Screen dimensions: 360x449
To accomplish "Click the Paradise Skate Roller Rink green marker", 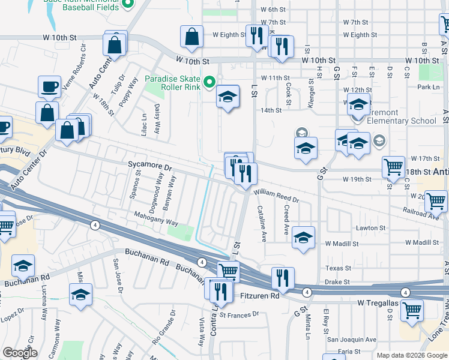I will pyautogui.click(x=209, y=82).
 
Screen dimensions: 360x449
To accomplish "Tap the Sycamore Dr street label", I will pyautogui.click(x=150, y=164).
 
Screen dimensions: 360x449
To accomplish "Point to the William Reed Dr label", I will pyautogui.click(x=276, y=196).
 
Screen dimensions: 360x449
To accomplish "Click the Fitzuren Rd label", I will pyautogui.click(x=257, y=296).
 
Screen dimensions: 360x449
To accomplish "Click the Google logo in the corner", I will pyautogui.click(x=20, y=352).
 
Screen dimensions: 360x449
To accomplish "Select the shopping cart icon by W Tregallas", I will pyautogui.click(x=412, y=310).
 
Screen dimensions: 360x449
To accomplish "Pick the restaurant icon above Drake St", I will pyautogui.click(x=283, y=277).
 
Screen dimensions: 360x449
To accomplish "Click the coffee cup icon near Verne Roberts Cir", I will pyautogui.click(x=49, y=86).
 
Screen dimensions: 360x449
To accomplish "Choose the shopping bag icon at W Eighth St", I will pyautogui.click(x=191, y=36).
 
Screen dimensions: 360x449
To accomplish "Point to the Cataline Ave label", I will pyautogui.click(x=262, y=223).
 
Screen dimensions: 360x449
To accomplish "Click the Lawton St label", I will pyautogui.click(x=370, y=228).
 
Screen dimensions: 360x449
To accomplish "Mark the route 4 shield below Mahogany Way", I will pyautogui.click(x=95, y=225).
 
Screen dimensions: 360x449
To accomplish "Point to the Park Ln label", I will pyautogui.click(x=428, y=87).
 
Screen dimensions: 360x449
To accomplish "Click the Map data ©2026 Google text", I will pyautogui.click(x=411, y=355).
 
